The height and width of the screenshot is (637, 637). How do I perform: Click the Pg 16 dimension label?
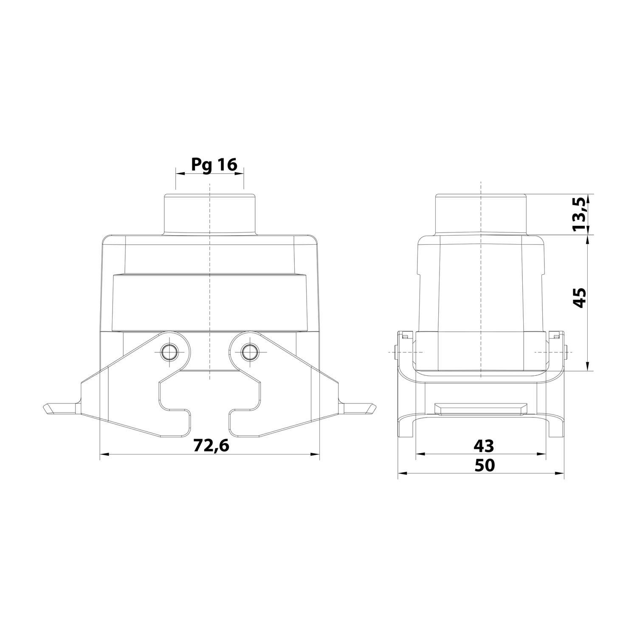pyautogui.click(x=214, y=164)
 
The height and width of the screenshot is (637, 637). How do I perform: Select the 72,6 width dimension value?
pyautogui.click(x=211, y=445)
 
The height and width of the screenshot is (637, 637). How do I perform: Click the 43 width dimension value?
pyautogui.click(x=484, y=445)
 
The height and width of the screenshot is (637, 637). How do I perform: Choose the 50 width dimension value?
pyautogui.click(x=485, y=465)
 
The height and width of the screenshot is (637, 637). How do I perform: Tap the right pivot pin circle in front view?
pyautogui.click(x=248, y=351)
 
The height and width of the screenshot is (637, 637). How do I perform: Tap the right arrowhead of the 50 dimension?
pyautogui.click(x=560, y=474)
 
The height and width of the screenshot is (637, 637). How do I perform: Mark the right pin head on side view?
pyautogui.click(x=567, y=352)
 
